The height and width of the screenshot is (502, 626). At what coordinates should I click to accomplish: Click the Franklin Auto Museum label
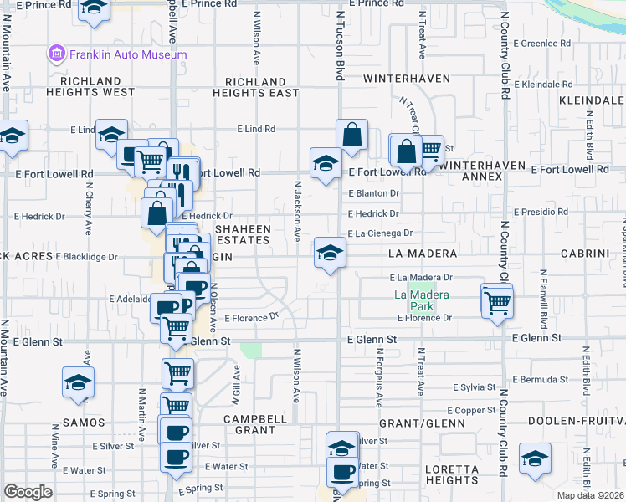[128, 54]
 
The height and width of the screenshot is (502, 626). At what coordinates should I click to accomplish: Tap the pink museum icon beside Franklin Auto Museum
[56, 54]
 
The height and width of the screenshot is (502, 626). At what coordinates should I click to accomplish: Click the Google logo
[28, 492]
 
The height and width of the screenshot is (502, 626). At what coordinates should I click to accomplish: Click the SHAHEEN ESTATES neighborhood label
[244, 234]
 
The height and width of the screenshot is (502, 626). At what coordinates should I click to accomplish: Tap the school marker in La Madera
[330, 252]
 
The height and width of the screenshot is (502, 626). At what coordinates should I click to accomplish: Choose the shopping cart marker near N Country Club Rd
[497, 301]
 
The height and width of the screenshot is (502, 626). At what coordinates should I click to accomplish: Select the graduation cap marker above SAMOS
[78, 382]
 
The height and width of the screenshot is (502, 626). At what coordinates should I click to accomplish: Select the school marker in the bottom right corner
[534, 459]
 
